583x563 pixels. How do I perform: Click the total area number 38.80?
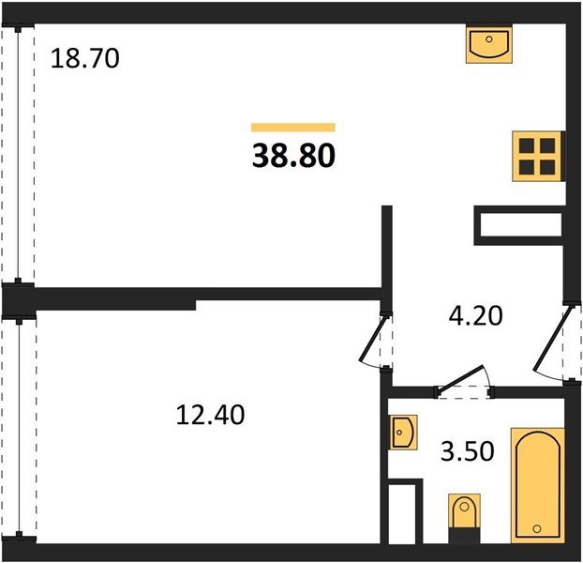[293, 156]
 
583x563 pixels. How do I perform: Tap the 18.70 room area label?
[84, 58]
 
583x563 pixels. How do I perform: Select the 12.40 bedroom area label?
[210, 415]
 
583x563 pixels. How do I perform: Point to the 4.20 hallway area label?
[475, 316]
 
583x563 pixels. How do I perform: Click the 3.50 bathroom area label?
[468, 451]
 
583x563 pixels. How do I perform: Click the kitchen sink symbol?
[489, 45]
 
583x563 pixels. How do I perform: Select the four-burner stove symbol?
[537, 157]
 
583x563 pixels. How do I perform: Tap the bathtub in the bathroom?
[538, 484]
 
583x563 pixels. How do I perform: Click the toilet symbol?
[464, 518]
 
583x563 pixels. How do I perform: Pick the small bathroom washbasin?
[403, 432]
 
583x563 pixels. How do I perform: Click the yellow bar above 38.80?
[293, 128]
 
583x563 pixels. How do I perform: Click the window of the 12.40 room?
[19, 428]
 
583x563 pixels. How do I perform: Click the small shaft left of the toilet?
[404, 512]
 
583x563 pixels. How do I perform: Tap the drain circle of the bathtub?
[536, 528]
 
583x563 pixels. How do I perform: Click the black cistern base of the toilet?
[464, 536]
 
